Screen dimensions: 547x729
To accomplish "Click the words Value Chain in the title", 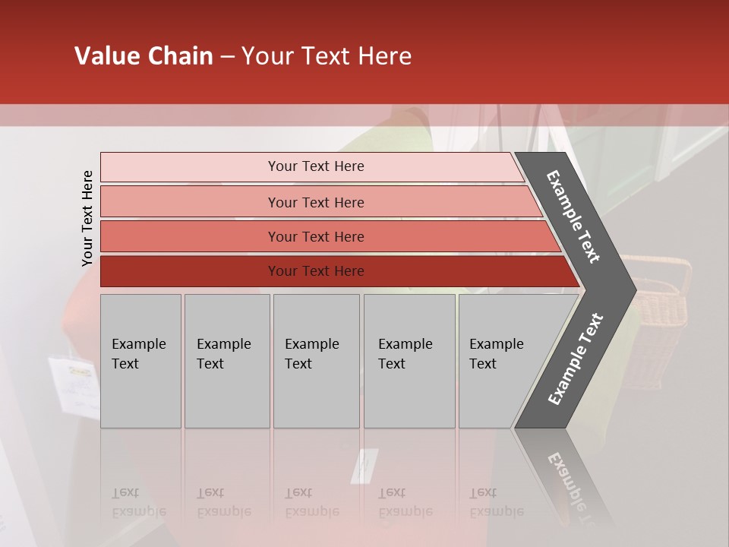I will [x=144, y=56].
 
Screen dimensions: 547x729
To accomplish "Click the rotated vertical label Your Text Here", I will [x=87, y=218].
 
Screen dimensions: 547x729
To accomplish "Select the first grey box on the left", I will [x=140, y=361].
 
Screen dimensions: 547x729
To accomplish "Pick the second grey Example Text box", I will [x=226, y=361].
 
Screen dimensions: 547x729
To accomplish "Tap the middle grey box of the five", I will [x=316, y=361].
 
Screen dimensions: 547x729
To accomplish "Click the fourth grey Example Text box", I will [x=409, y=361].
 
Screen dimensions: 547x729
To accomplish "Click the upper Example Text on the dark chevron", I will [x=573, y=217].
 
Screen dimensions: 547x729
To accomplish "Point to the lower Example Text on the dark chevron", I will [x=576, y=359].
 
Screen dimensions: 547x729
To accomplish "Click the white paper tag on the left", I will [x=74, y=386].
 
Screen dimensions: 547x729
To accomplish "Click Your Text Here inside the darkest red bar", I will [x=316, y=271].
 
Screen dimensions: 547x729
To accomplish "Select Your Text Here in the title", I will [x=327, y=56].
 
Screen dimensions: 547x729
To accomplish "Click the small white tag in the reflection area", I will [x=364, y=465].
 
